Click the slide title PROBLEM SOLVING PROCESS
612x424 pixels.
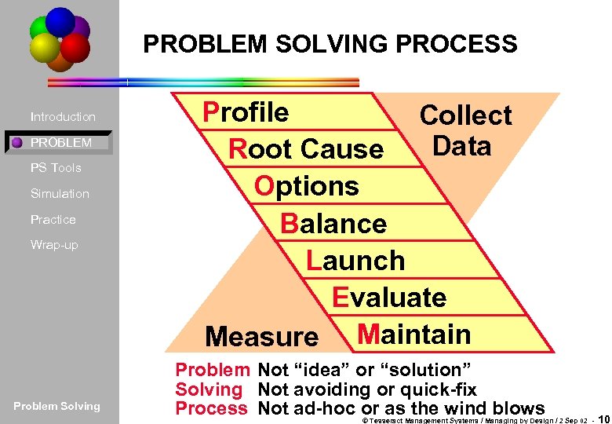coord(330,43)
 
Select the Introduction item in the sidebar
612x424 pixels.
coord(63,117)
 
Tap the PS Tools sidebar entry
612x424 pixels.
coord(56,168)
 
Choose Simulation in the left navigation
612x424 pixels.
coord(60,194)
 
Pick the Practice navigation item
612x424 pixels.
coord(53,220)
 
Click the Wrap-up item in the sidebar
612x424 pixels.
coord(54,245)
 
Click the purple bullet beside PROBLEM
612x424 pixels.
coord(16,143)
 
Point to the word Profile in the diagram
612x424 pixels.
coord(246,112)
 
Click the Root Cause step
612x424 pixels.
coord(305,148)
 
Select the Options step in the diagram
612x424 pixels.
coord(306,186)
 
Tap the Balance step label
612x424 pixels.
coord(333,224)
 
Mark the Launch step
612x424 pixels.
coord(355,261)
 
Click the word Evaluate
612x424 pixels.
coord(389,298)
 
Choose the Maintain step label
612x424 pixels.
coord(413,334)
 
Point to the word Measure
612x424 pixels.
coord(261,338)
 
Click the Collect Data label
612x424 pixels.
coord(464,130)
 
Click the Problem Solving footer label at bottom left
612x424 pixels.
coord(56,406)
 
